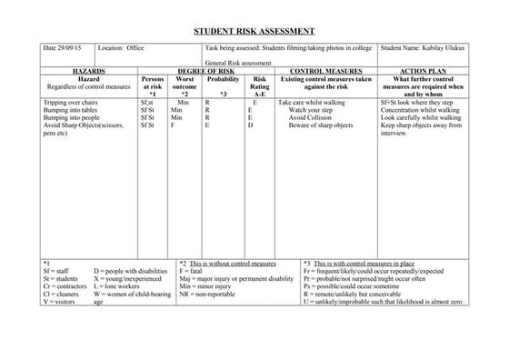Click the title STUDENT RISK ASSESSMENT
point(254,30)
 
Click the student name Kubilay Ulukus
point(424,45)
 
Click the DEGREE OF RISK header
point(209,70)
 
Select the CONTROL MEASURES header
point(324,70)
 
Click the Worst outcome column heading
point(184,85)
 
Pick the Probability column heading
point(223,79)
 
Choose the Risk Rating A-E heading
point(260,85)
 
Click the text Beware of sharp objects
point(320,125)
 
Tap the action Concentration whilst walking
point(423,111)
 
